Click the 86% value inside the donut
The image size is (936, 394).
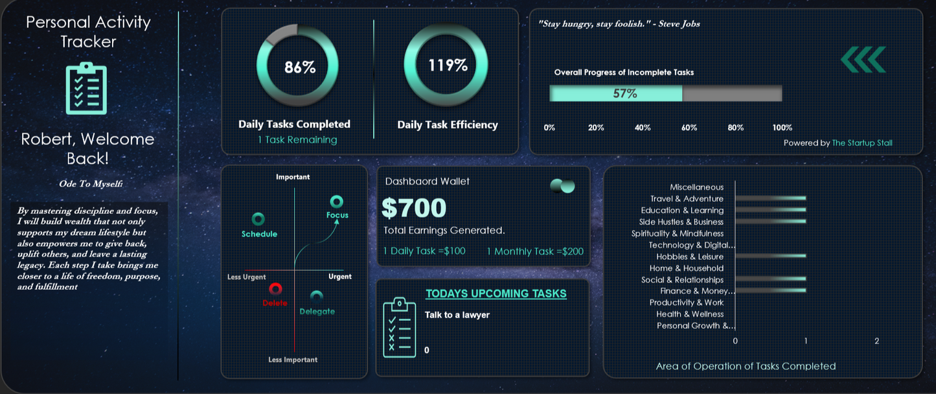(299, 67)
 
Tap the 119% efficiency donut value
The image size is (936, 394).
(447, 65)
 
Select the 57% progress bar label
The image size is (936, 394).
(625, 93)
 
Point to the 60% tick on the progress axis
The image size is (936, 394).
(689, 128)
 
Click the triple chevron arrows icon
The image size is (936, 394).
(863, 60)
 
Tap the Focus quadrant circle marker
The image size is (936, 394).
(337, 202)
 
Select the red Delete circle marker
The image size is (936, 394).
(275, 288)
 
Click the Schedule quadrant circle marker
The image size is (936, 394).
(258, 219)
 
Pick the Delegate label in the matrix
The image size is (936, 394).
(317, 312)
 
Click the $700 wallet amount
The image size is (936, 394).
(414, 208)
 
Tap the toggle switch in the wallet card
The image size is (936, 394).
(562, 186)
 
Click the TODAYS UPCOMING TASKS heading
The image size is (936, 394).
(496, 294)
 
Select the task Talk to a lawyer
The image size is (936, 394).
(457, 315)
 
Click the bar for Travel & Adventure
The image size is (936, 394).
(771, 198)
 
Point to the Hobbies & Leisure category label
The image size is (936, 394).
(690, 257)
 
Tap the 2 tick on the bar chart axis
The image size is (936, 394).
(876, 341)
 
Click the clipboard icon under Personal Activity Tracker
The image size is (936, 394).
(86, 88)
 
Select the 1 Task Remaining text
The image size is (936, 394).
(297, 139)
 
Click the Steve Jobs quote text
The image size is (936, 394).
(619, 24)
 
